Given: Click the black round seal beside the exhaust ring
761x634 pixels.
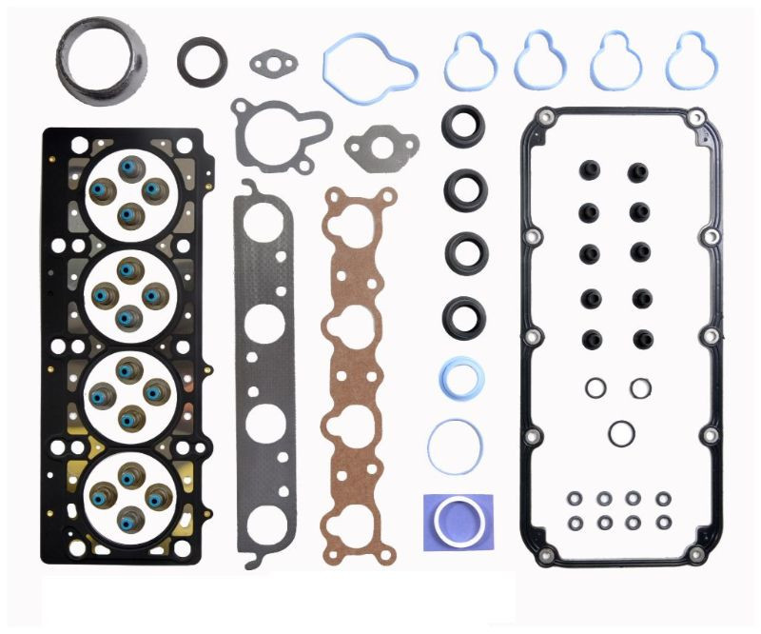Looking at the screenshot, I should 202,60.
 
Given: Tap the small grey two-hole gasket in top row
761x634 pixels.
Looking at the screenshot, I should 274,63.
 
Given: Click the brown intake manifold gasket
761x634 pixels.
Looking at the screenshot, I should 357,362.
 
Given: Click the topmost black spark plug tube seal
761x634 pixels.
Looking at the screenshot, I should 464,125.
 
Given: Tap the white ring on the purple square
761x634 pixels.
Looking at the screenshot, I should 459,521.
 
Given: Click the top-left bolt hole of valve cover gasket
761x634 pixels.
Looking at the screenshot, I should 544,118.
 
